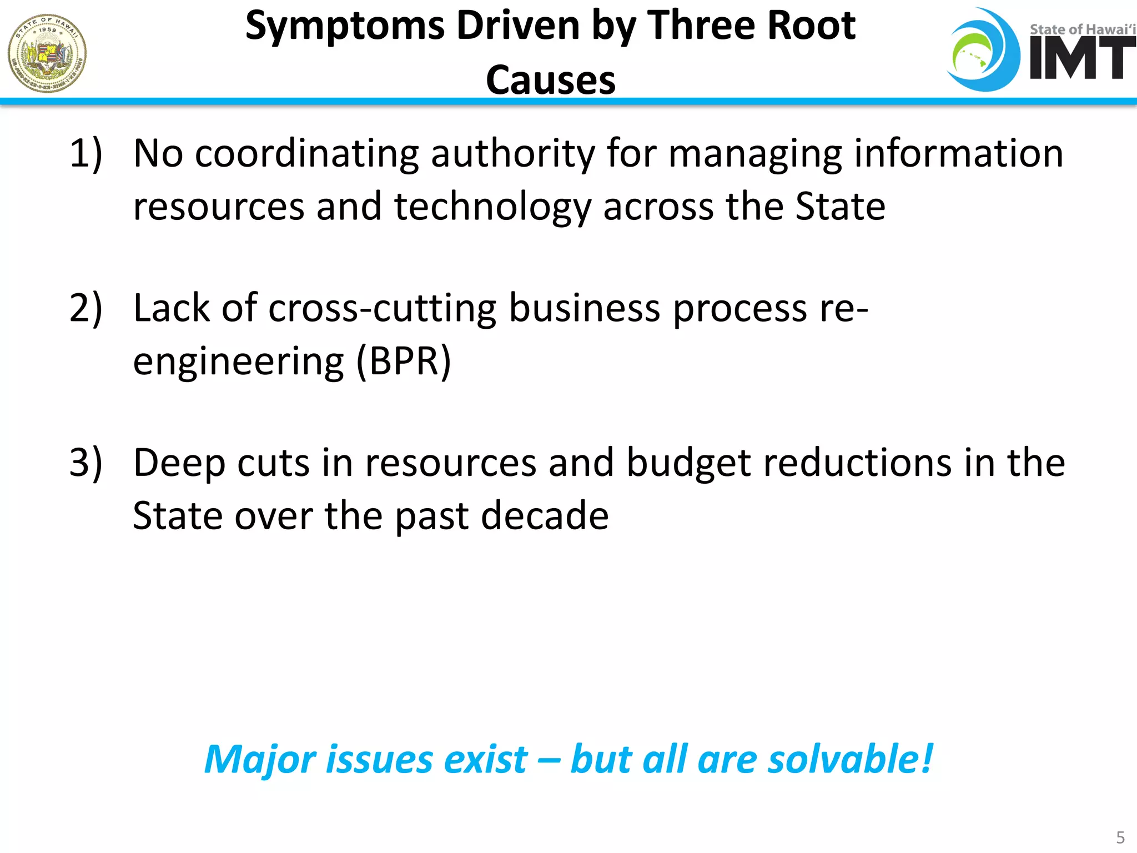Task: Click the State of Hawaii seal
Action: (47, 53)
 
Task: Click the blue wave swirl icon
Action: (983, 50)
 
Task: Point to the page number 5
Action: (1120, 837)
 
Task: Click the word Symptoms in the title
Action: (345, 27)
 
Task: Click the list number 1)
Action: (86, 153)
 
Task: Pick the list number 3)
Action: (86, 462)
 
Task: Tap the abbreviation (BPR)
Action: (404, 362)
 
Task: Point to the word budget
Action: (688, 463)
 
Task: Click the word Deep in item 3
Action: (179, 463)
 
